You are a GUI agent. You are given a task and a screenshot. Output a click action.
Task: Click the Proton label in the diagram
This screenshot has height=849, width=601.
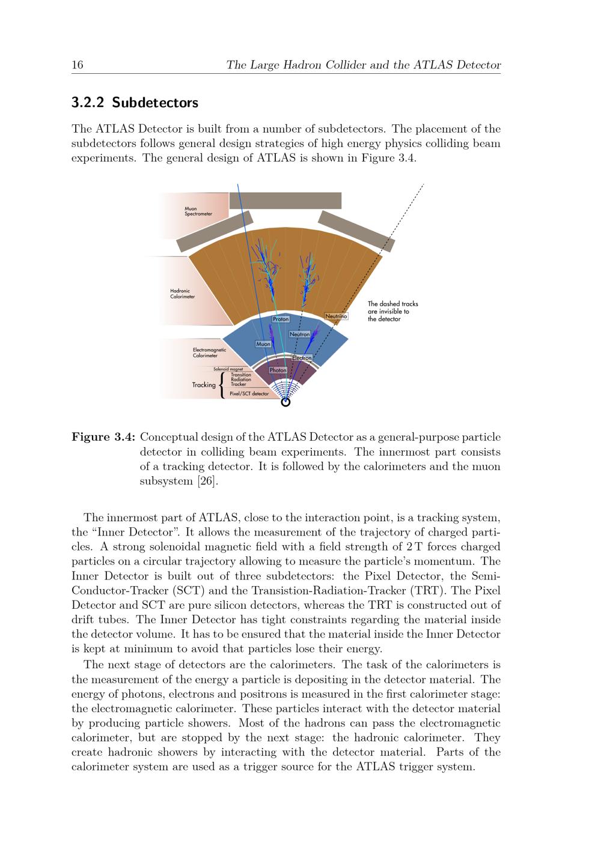pos(281,319)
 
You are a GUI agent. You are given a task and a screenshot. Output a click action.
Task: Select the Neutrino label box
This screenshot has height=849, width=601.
pos(336,316)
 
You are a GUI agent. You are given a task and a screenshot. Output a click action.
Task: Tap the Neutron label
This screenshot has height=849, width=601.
pos(299,334)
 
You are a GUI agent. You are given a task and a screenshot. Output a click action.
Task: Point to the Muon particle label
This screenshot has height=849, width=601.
pos(263,344)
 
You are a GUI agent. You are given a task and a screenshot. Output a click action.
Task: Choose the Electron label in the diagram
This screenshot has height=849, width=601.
pos(302,358)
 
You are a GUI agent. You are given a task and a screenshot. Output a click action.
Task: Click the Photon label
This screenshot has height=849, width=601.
pos(278,370)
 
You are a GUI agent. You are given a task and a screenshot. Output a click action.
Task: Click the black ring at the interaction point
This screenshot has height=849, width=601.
pos(285,402)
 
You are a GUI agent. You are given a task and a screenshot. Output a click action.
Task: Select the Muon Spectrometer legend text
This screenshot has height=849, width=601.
pos(198,211)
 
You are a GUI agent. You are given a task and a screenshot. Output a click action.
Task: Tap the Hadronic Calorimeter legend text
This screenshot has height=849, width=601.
pos(182,294)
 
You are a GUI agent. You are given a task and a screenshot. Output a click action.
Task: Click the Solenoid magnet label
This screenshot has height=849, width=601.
pos(228,369)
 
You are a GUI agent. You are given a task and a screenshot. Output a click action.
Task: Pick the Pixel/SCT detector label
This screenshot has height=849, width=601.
pos(249,394)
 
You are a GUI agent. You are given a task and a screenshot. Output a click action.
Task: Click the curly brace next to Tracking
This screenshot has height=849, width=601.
pos(223,385)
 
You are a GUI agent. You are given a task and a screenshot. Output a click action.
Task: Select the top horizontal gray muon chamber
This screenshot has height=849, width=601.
pos(285,201)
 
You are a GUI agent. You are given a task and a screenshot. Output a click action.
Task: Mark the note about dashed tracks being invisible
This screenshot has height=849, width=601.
pos(392,311)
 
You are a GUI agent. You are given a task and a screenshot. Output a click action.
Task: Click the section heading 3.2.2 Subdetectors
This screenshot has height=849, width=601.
pos(135,103)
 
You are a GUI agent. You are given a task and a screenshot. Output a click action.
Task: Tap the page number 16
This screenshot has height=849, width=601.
pos(78,65)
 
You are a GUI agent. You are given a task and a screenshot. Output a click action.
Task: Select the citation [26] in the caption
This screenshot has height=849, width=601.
pos(206,482)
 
